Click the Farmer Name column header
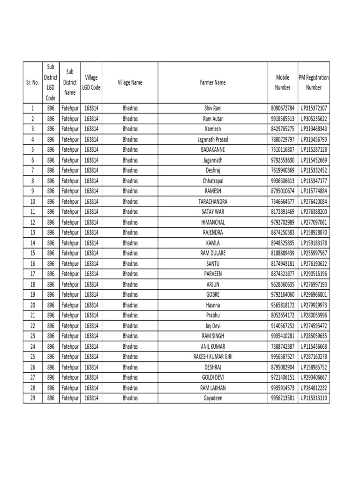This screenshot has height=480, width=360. pyautogui.click(x=213, y=82)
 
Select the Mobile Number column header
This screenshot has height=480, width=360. pyautogui.click(x=283, y=82)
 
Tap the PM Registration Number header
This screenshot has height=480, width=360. pyautogui.click(x=314, y=82)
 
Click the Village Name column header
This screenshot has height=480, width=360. pyautogui.click(x=130, y=82)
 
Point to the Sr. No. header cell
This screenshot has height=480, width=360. pyautogui.click(x=32, y=82)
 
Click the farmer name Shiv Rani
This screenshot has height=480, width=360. pyautogui.click(x=213, y=108)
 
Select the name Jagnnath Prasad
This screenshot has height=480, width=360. pyautogui.click(x=213, y=139)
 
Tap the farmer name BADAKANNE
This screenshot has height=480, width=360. pyautogui.click(x=213, y=150)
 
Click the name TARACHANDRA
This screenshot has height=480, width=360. pyautogui.click(x=213, y=202)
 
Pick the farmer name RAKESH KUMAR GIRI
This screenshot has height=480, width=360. pyautogui.click(x=213, y=357)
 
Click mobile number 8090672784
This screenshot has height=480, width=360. pyautogui.click(x=283, y=108)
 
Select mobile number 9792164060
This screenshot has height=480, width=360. pyautogui.click(x=283, y=294)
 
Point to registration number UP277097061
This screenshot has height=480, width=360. pyautogui.click(x=314, y=222)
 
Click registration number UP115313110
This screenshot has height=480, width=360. pyautogui.click(x=314, y=398)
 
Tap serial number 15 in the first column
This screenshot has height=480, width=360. pyautogui.click(x=32, y=253)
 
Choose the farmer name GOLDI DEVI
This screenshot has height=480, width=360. pyautogui.click(x=213, y=377)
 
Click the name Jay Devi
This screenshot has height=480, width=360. pyautogui.click(x=213, y=326)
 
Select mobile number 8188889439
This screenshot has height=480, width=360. pyautogui.click(x=283, y=253)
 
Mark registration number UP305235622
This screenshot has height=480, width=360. pyautogui.click(x=314, y=119)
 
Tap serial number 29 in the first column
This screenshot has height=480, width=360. pyautogui.click(x=32, y=398)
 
